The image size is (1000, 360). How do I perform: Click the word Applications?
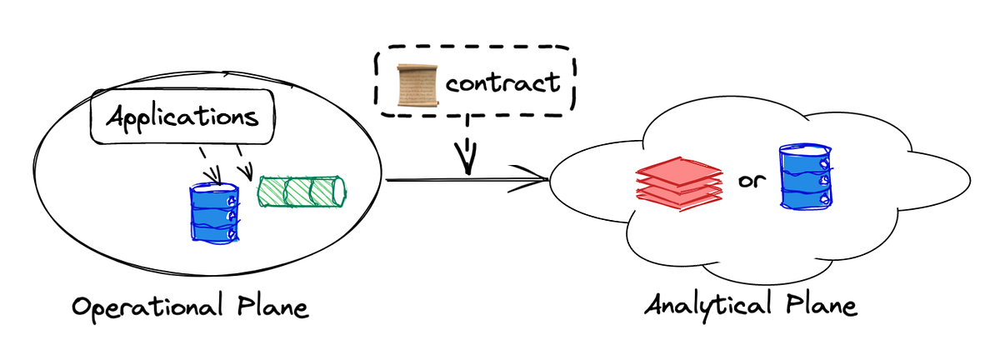pos(182,117)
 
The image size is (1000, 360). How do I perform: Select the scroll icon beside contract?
pos(417,83)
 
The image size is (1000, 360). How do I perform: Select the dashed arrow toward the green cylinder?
pos(244,167)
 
